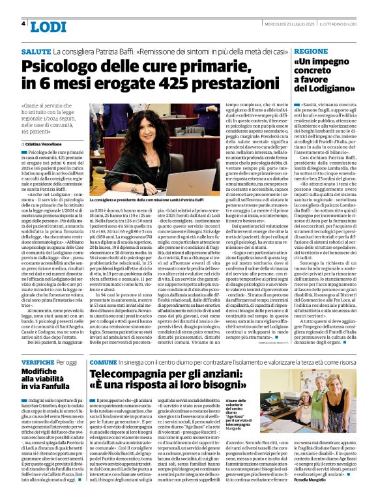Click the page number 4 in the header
click(24, 23)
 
